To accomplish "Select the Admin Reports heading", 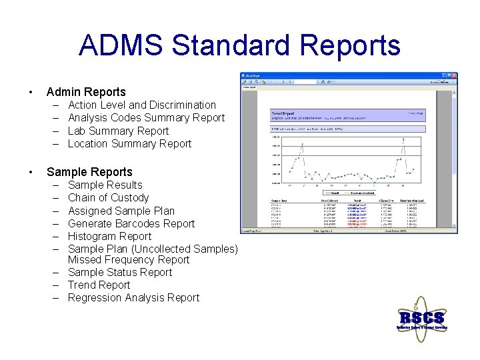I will (x=86, y=92).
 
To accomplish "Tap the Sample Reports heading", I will (x=89, y=172).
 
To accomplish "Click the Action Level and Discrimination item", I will (x=142, y=105).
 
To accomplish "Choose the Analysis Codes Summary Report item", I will (x=147, y=118).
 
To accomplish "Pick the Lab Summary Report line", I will (x=119, y=131).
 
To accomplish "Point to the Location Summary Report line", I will (x=129, y=143).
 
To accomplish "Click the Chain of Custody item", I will (x=109, y=197).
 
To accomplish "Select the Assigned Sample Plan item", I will (x=121, y=211).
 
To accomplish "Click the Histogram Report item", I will (x=110, y=236).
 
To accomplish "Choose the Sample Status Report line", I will (x=120, y=272).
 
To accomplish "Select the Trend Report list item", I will (x=99, y=285).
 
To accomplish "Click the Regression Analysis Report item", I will (x=133, y=297).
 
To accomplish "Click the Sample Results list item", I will (x=105, y=185).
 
